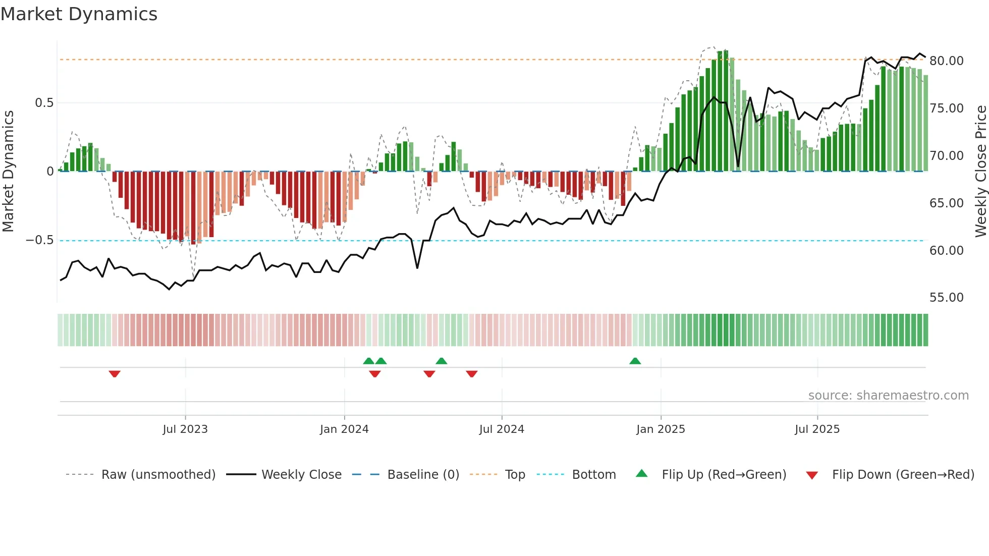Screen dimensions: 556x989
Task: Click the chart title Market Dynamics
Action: [x=79, y=14]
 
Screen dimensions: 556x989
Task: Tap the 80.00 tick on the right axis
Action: [x=946, y=61]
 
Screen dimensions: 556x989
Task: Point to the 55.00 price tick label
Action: [x=946, y=298]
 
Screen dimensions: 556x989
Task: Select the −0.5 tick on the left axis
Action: [x=40, y=240]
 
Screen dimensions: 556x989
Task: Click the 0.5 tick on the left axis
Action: [x=44, y=103]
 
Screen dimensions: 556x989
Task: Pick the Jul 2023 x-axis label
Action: [x=185, y=429]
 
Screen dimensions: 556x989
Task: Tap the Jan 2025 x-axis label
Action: [x=661, y=429]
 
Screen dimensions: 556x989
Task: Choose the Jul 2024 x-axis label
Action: [x=502, y=429]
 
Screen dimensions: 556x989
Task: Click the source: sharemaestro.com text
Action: [x=888, y=396]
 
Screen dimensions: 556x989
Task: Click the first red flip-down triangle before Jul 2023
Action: [x=115, y=374]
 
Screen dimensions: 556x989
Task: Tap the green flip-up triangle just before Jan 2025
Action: [x=635, y=361]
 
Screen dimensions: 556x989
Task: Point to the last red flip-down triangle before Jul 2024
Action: [x=472, y=374]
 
